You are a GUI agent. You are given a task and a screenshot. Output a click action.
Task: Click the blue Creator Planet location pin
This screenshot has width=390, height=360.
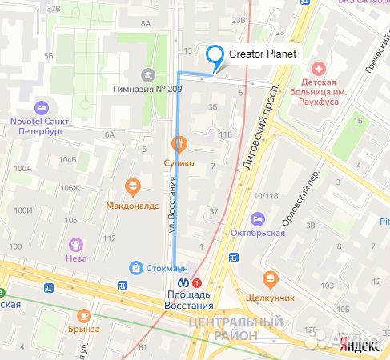[x=215, y=56]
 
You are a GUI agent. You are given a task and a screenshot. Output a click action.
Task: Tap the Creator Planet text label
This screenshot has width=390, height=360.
[x=263, y=54]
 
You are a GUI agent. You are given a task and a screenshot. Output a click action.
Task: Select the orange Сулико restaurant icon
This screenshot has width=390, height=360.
[x=179, y=145]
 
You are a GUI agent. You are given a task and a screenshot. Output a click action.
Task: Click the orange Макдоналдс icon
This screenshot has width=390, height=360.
[x=133, y=187]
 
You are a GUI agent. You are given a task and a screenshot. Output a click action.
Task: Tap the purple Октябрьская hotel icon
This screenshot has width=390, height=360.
[x=258, y=218]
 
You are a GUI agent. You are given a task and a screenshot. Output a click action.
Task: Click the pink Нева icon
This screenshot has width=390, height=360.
[x=75, y=245]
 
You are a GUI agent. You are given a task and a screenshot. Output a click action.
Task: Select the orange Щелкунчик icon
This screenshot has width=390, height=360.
[x=269, y=280]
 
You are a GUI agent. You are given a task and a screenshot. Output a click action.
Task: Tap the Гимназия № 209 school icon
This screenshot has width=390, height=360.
[x=148, y=74]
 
